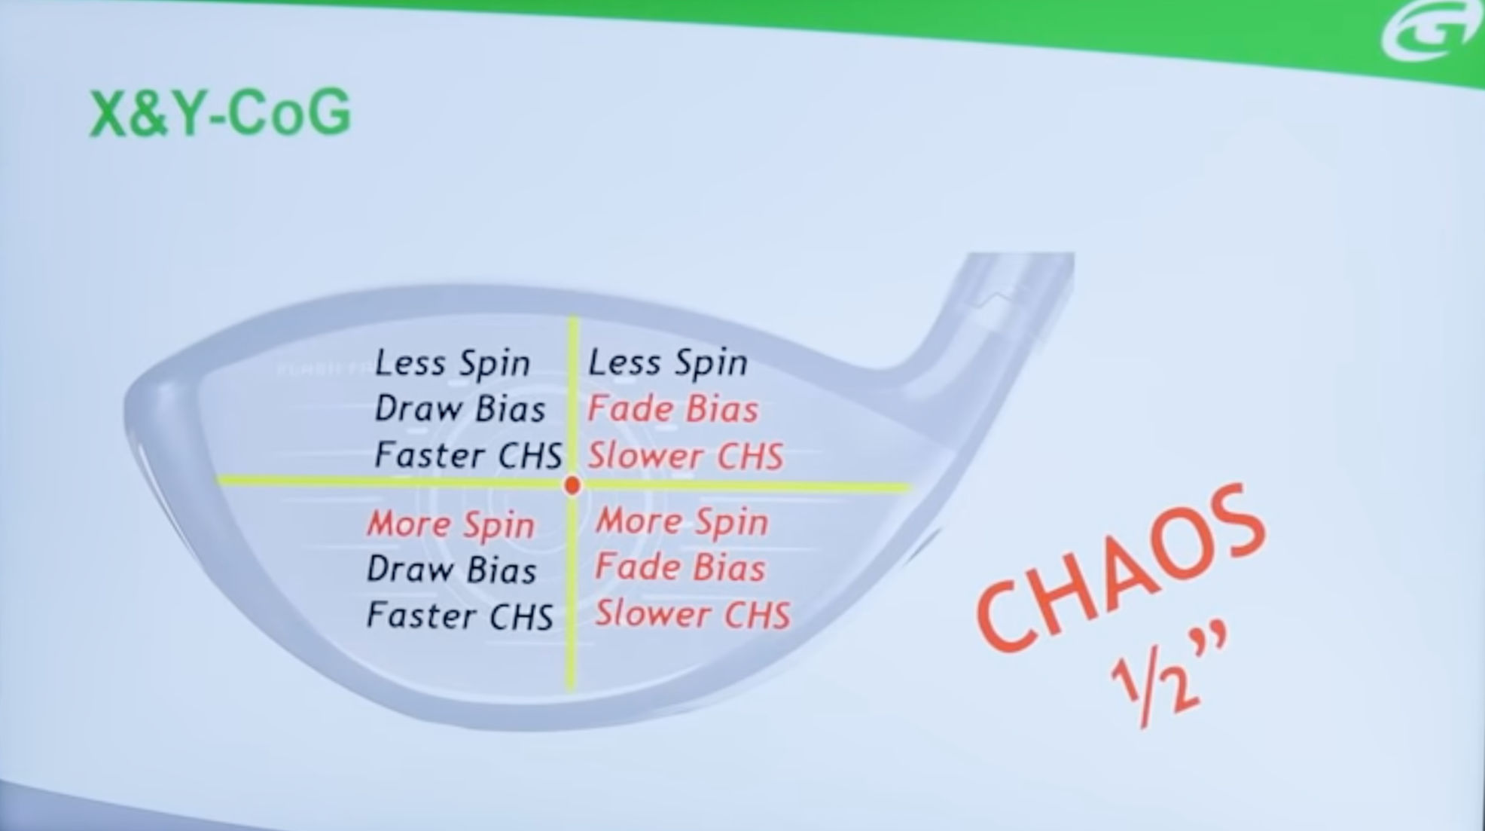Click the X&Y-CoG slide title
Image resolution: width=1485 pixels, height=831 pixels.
click(x=220, y=113)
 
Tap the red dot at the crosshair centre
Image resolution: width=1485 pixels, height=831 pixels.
click(x=572, y=485)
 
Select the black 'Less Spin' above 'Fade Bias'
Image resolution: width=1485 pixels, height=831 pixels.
click(x=668, y=363)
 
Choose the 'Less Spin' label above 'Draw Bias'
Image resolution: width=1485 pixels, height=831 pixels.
click(x=453, y=363)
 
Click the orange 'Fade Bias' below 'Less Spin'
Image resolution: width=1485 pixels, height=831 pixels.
click(x=673, y=409)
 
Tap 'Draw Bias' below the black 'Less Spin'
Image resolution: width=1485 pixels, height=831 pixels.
click(x=460, y=409)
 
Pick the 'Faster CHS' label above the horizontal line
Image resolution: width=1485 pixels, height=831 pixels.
click(x=468, y=455)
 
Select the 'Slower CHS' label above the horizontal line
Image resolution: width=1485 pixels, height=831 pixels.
click(x=686, y=456)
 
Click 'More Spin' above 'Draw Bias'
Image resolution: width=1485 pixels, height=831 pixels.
click(x=451, y=524)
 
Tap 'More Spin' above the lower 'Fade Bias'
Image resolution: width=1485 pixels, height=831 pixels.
click(x=682, y=521)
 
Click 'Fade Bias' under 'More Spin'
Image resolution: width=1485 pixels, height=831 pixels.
click(x=681, y=567)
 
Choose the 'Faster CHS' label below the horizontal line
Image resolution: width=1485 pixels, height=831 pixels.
click(x=460, y=616)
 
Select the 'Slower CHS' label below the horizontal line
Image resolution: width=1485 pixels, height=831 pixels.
click(x=694, y=613)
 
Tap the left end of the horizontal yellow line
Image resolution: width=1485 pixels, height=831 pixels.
click(x=218, y=479)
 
